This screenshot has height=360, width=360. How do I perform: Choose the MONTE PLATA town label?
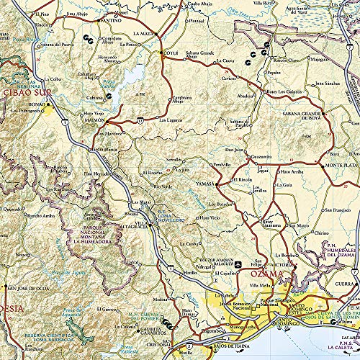click(x=339, y=166)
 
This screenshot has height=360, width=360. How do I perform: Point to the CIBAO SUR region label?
click(x=25, y=93)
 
